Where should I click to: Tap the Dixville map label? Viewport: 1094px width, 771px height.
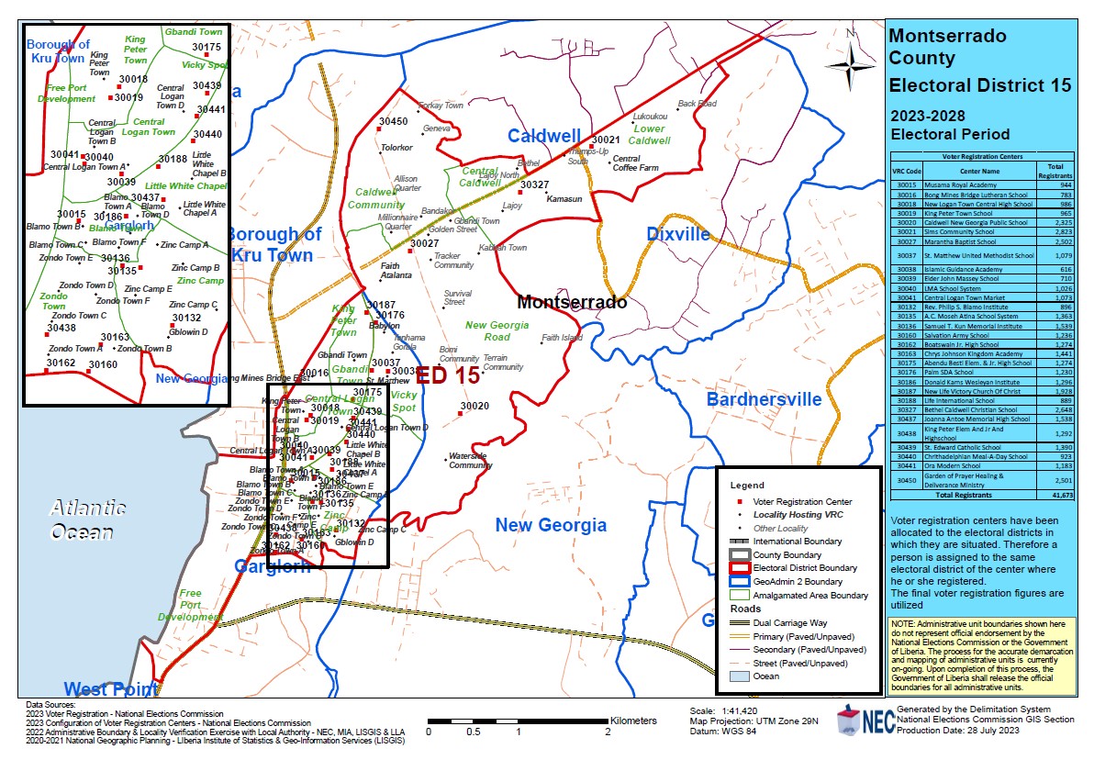(x=678, y=234)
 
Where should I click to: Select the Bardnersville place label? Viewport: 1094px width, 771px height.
(x=764, y=399)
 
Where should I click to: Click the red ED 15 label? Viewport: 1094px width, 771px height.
(x=449, y=375)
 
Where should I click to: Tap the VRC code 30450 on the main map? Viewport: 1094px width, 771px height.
(x=394, y=121)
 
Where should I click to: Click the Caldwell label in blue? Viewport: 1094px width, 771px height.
(x=544, y=136)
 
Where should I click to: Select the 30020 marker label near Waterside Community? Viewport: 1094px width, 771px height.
(x=474, y=406)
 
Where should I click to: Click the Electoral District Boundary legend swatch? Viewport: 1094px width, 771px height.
(x=740, y=568)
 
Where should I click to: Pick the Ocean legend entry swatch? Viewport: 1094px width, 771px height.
(x=740, y=676)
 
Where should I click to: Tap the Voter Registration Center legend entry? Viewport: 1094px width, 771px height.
(x=802, y=502)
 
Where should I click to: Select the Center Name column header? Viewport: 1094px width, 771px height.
(x=980, y=170)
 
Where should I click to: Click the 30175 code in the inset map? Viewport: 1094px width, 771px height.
(x=207, y=47)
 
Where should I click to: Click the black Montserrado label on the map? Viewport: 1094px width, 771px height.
(x=572, y=302)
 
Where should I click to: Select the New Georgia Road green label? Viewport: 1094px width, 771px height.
(x=497, y=331)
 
